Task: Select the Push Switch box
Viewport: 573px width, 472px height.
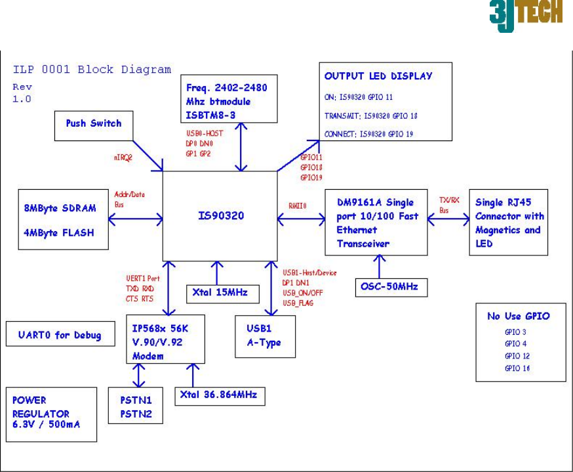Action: pos(93,123)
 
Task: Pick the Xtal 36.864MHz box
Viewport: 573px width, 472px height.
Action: pos(219,395)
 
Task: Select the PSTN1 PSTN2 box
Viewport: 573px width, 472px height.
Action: pos(135,405)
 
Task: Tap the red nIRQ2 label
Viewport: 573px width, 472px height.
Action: pos(125,158)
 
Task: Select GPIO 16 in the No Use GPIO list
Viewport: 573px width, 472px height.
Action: pos(517,368)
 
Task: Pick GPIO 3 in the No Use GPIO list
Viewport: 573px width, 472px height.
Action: pos(515,332)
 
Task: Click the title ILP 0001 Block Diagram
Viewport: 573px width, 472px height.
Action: pos(92,70)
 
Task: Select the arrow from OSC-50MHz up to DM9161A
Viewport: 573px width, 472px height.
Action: pos(378,265)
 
